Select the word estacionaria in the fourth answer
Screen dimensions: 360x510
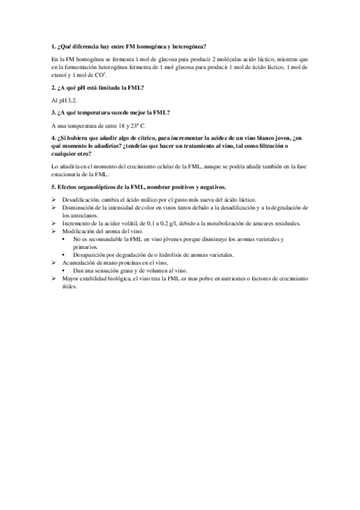(67, 174)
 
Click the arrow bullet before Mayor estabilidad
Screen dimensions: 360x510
(55, 278)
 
